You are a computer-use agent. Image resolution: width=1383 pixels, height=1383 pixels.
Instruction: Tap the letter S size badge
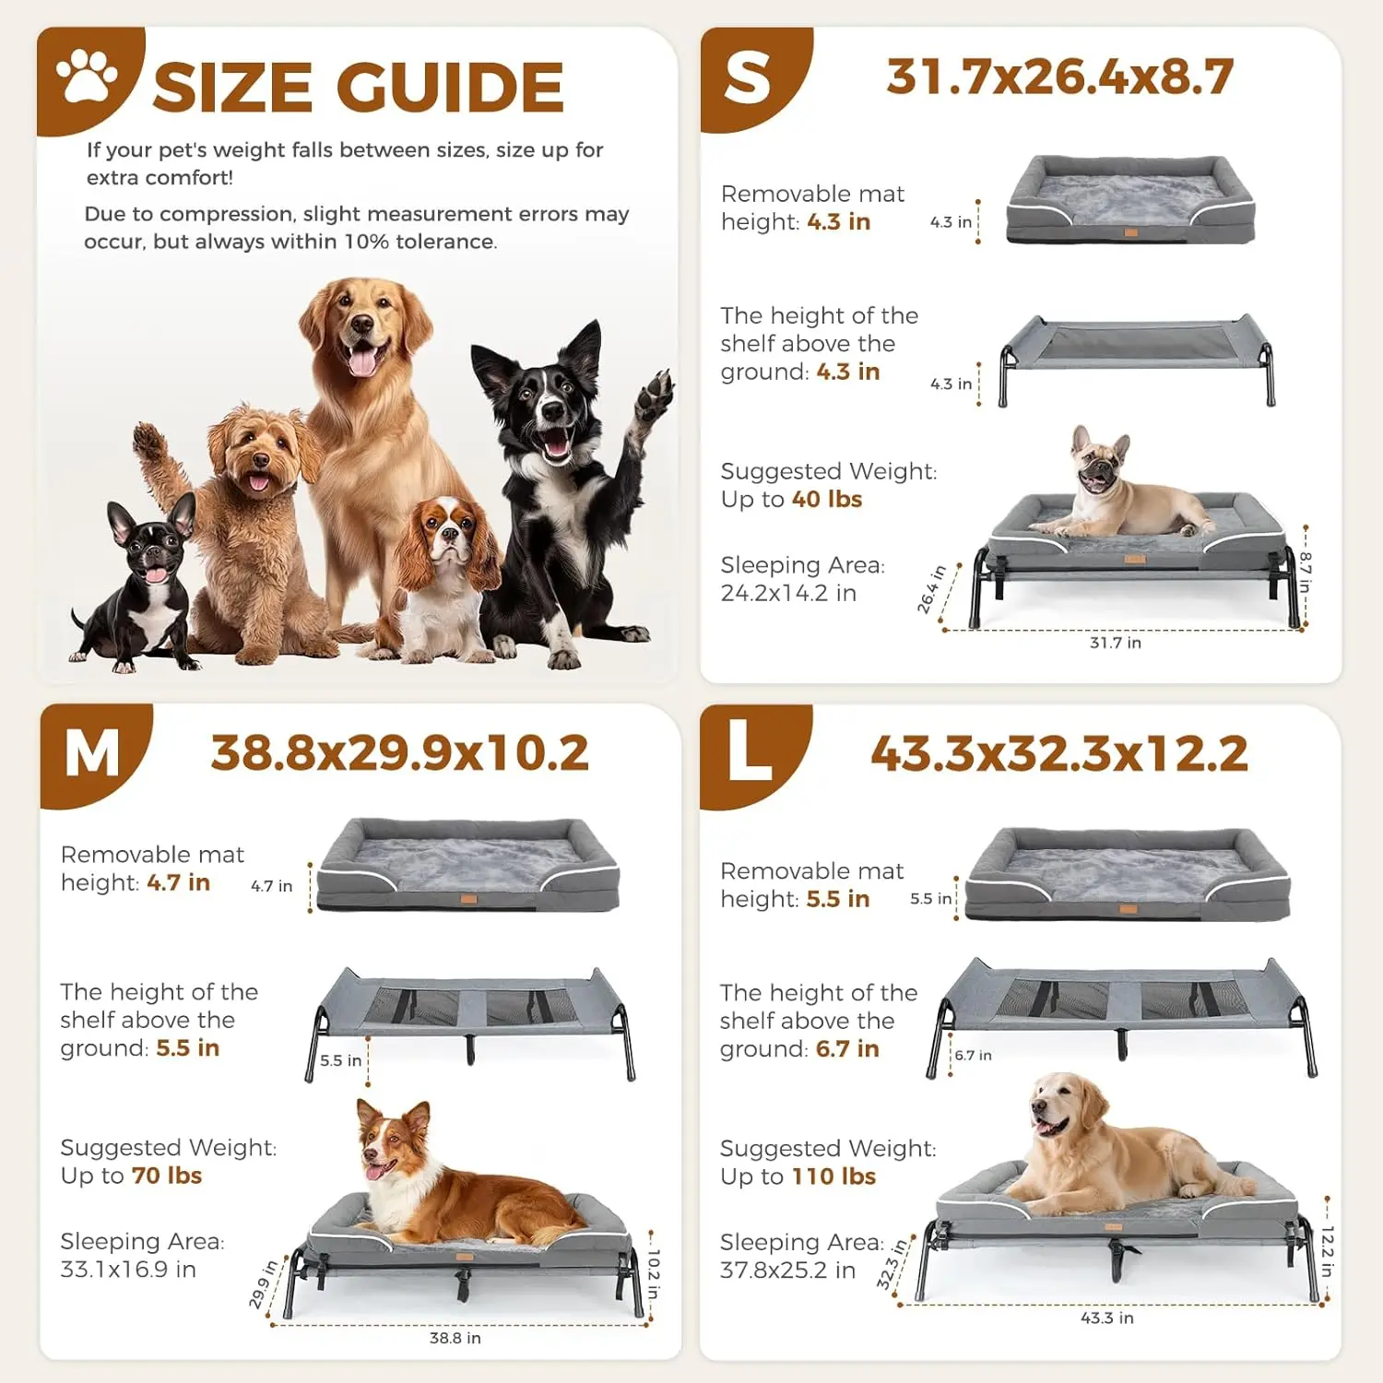(x=748, y=77)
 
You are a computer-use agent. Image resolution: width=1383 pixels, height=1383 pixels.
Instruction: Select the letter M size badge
(x=92, y=753)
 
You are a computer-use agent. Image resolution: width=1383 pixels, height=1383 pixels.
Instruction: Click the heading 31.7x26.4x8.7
(x=1059, y=77)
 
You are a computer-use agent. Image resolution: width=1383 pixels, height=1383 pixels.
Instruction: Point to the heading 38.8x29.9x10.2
(x=399, y=753)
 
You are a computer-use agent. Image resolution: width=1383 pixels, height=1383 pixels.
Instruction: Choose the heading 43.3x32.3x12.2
(x=1059, y=753)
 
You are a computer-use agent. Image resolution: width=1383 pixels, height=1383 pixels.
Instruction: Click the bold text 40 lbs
(x=827, y=499)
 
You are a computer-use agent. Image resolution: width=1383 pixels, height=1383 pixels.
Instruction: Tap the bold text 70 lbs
(x=167, y=1176)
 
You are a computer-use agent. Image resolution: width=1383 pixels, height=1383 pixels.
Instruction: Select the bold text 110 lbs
(x=841, y=1176)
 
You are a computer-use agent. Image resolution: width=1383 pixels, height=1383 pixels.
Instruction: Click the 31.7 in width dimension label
(x=1116, y=643)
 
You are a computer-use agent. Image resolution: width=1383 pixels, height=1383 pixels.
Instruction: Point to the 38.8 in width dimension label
(x=455, y=1338)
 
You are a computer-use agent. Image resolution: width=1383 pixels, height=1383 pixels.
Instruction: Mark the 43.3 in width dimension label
(x=1107, y=1318)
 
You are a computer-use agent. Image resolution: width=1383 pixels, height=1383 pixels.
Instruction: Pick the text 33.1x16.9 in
(x=128, y=1270)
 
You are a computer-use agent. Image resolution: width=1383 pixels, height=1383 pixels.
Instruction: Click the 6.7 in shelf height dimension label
(x=974, y=1056)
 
